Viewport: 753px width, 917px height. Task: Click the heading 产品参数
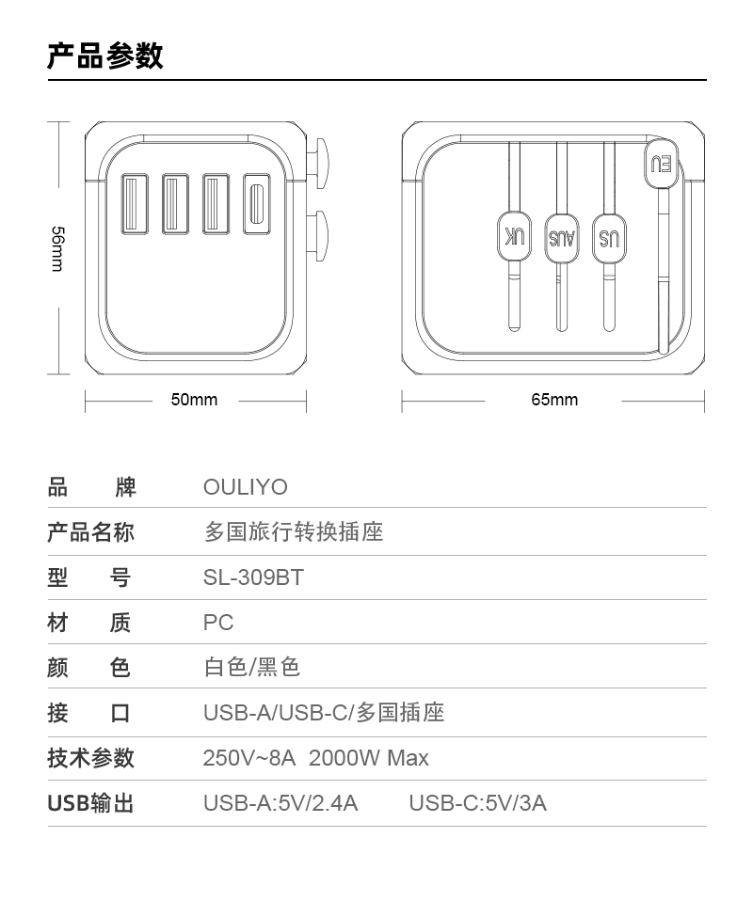(105, 55)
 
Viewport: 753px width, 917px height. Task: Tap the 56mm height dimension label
(57, 248)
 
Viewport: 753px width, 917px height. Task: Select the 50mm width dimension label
(194, 400)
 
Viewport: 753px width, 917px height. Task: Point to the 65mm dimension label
(554, 400)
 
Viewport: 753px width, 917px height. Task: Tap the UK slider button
(514, 236)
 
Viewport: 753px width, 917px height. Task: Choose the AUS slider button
(561, 238)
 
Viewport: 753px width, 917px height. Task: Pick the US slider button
(609, 238)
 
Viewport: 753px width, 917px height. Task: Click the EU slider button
(662, 164)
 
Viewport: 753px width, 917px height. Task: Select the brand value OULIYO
(245, 487)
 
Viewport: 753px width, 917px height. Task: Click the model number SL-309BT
(253, 577)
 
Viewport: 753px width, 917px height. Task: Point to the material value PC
(218, 623)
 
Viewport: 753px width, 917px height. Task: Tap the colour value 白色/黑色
(252, 667)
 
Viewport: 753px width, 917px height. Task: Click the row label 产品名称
(91, 532)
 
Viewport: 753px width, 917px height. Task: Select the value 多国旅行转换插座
(294, 532)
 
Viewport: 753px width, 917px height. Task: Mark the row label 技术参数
(91, 758)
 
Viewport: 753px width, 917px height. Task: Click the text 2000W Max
(369, 758)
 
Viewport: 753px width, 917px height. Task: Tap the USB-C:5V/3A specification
(477, 803)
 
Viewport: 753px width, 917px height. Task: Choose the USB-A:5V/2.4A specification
(280, 803)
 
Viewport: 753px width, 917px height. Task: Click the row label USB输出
(91, 803)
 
